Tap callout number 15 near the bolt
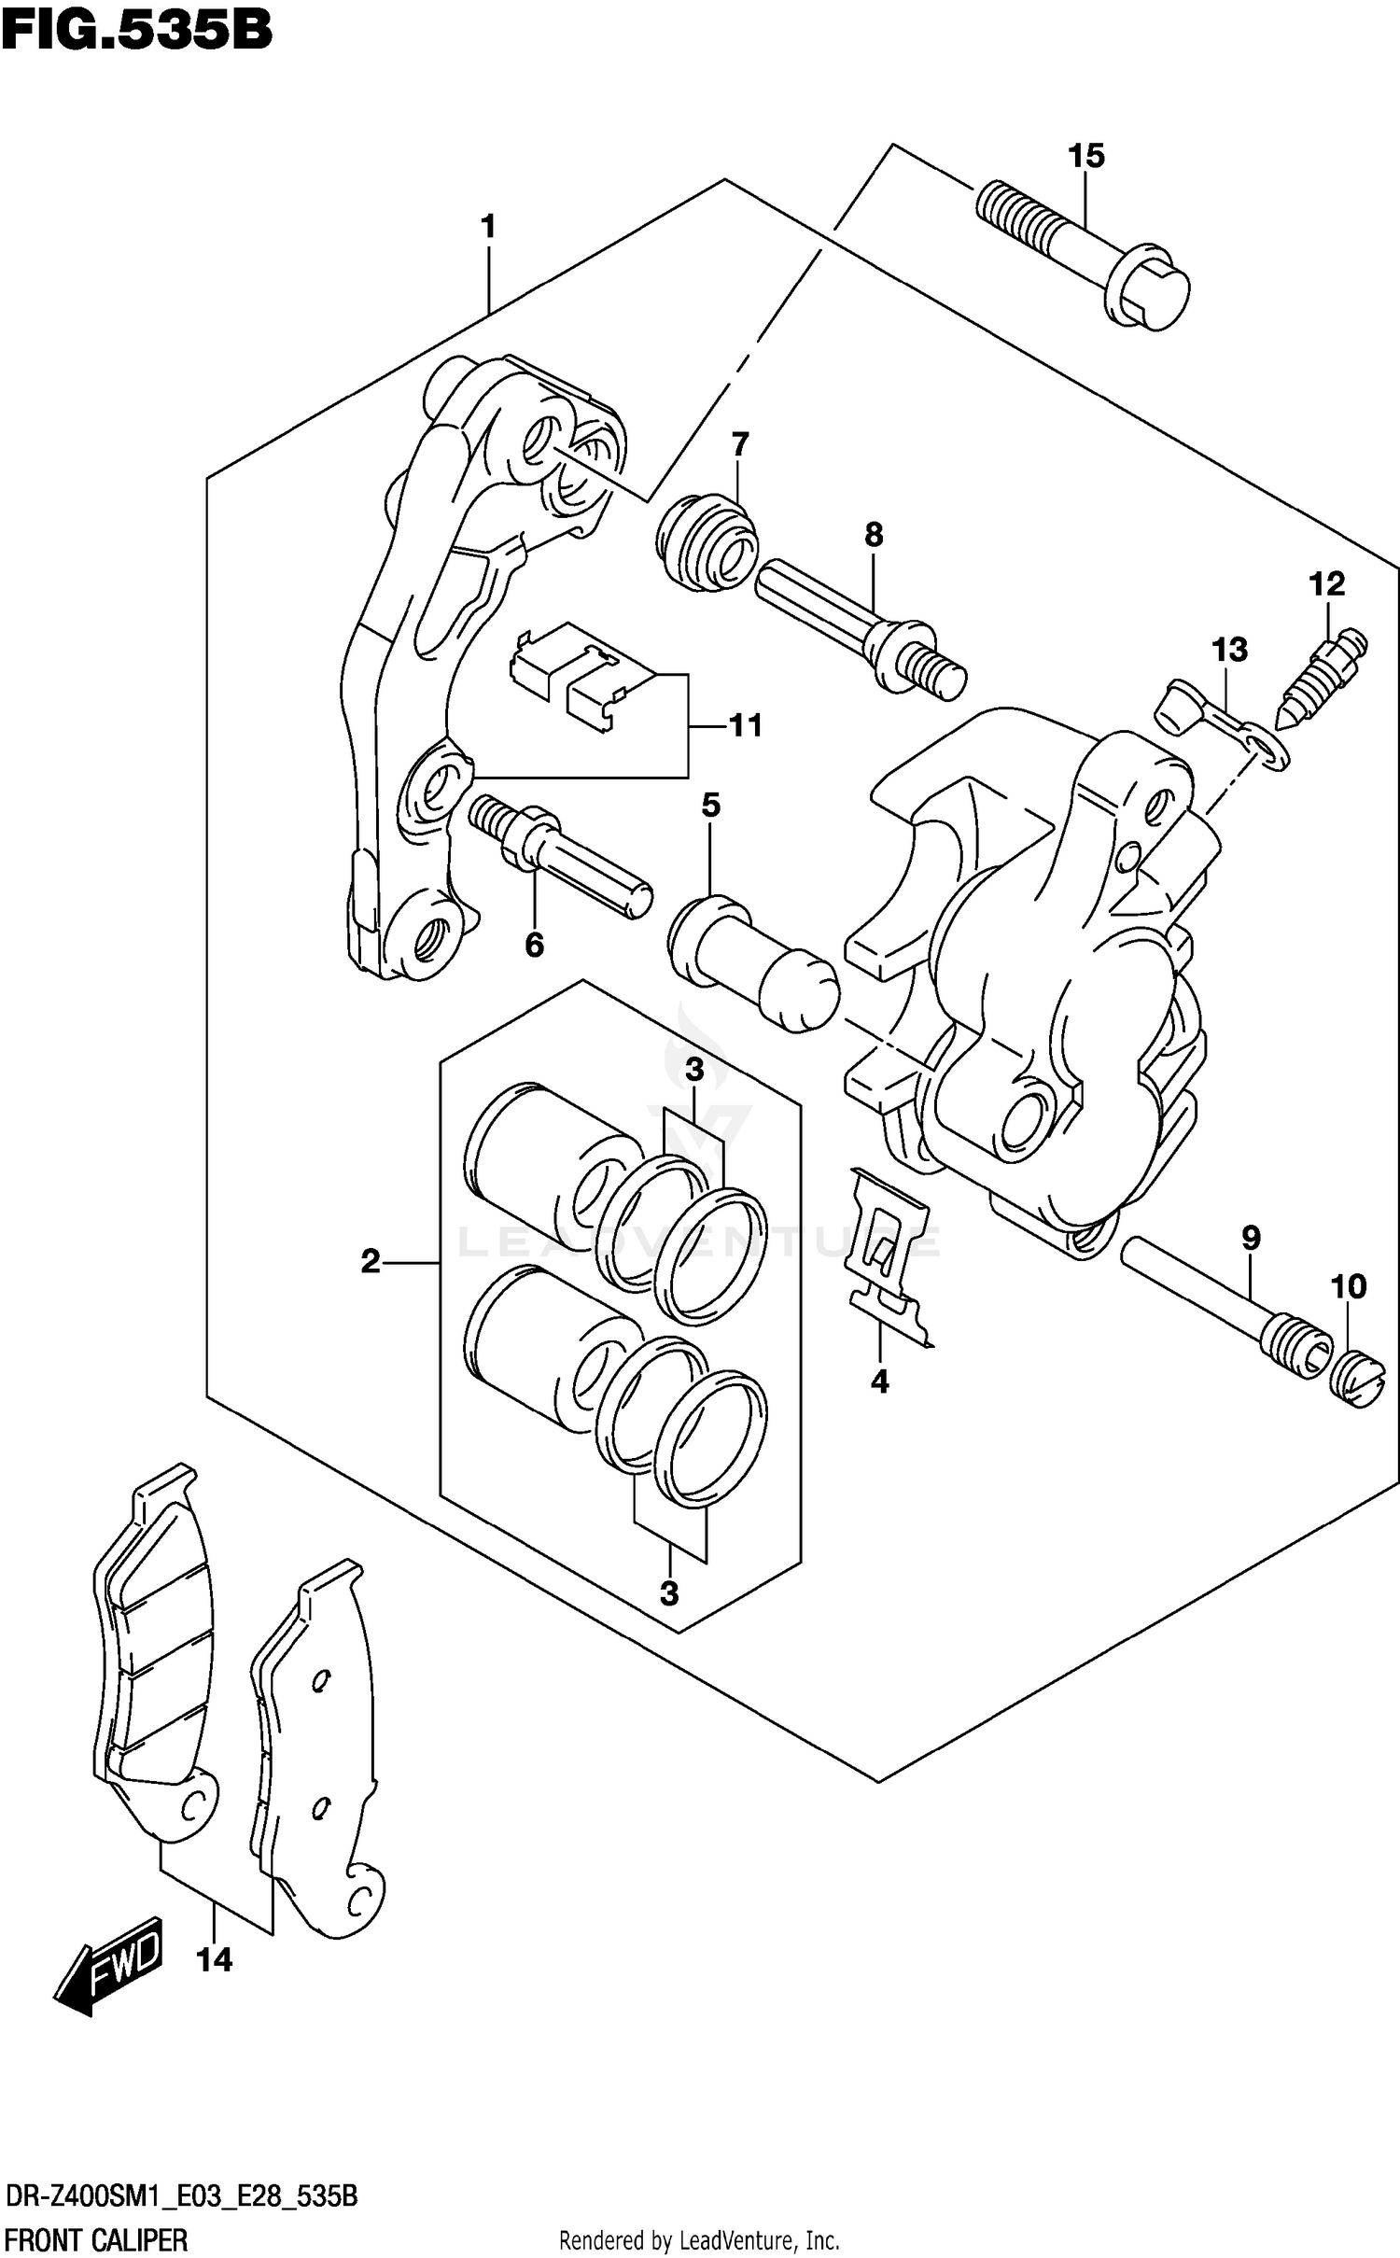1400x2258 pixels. [1085, 156]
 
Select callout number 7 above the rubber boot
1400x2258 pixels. [740, 444]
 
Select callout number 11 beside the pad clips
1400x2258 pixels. [746, 725]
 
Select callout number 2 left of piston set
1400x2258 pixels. [371, 1262]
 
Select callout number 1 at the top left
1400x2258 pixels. [487, 226]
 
